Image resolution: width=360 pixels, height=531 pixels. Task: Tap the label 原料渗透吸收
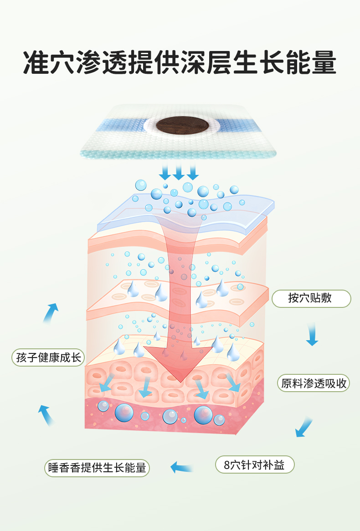point(314,383)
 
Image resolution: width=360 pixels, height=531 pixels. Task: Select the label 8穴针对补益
point(255,465)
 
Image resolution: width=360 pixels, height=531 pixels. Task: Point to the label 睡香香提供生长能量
point(97,468)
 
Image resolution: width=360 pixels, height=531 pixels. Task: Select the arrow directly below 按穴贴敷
point(312,335)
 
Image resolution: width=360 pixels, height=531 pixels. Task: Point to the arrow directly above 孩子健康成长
point(51,312)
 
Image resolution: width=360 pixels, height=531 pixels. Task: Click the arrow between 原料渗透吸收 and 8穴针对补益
point(303,427)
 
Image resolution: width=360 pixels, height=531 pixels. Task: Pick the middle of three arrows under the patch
point(179,172)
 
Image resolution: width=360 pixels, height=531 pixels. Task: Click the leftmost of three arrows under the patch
point(165,172)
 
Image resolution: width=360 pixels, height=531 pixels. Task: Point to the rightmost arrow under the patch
point(193,172)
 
